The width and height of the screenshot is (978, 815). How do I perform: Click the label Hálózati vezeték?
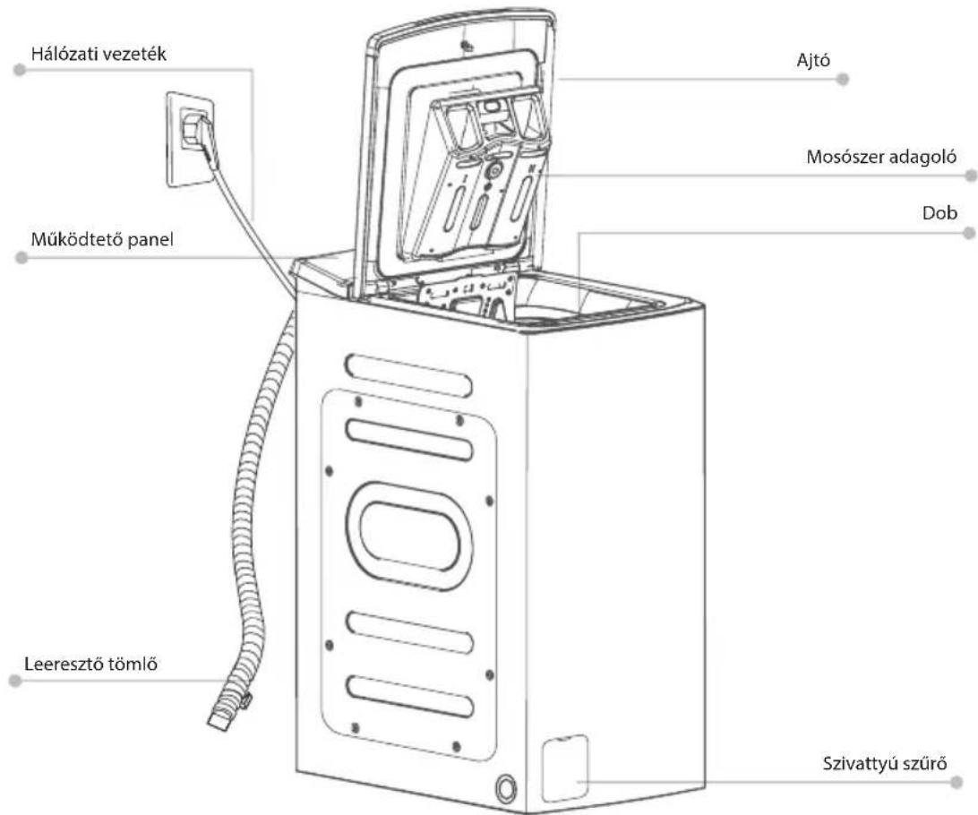tap(99, 54)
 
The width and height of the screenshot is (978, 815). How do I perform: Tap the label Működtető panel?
tap(102, 239)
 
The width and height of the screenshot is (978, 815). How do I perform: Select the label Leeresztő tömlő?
tap(91, 664)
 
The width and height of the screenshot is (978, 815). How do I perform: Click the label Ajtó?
tap(813, 61)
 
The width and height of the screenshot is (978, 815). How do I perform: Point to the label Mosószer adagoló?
tap(881, 157)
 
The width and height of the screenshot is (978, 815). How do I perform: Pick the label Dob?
tap(939, 213)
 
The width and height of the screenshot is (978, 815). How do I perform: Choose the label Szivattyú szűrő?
tap(885, 763)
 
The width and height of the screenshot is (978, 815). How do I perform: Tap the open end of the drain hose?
tap(218, 720)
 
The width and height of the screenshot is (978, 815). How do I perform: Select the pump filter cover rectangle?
tap(565, 768)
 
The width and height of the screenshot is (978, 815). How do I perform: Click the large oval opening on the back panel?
tap(408, 536)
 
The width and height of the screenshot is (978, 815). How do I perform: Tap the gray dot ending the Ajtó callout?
tap(843, 79)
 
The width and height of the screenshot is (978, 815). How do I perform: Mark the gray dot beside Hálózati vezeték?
tap(20, 70)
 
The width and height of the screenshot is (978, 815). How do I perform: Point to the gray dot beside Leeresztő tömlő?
tap(15, 681)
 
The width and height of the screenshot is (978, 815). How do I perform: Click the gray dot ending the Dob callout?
tap(969, 233)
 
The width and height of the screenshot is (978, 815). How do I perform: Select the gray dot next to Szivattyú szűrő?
tap(957, 781)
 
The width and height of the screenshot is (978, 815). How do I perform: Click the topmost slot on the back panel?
tap(408, 374)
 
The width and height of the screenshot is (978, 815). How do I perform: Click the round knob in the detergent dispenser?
tap(493, 171)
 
